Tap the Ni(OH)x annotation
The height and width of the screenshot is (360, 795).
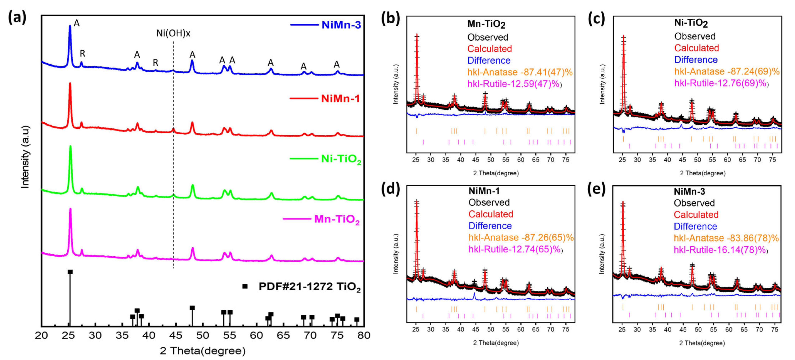173,33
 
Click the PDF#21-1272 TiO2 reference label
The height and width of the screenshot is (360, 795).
309,287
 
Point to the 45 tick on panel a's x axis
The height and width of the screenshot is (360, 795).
176,335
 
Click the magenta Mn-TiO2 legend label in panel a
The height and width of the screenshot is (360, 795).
336,219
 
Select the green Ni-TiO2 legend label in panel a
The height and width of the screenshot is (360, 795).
341,159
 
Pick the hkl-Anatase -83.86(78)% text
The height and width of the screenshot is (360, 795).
726,238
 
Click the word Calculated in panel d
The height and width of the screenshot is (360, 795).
490,214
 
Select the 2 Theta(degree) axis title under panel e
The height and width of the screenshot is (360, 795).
702,343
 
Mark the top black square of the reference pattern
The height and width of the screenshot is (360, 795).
70,272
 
